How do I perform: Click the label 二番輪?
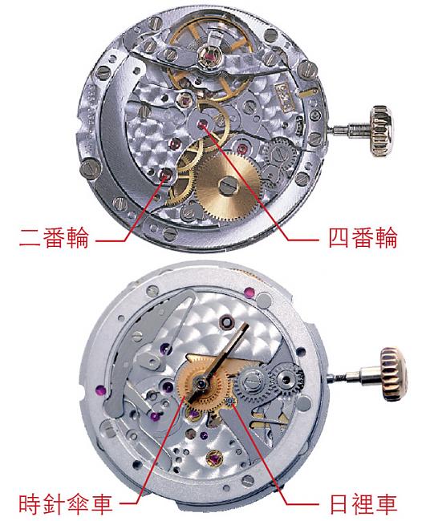(x=55, y=238)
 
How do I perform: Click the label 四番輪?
(x=363, y=238)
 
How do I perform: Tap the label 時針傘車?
(x=65, y=504)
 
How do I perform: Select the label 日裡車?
(x=363, y=504)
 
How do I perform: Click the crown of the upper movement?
(x=381, y=131)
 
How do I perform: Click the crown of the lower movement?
(x=394, y=374)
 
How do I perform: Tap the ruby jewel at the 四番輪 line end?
(x=201, y=124)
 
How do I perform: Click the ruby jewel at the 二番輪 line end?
(x=165, y=174)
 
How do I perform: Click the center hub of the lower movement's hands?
(x=201, y=385)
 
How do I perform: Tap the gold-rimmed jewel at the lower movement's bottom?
(x=213, y=459)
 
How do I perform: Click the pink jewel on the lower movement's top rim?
(x=249, y=293)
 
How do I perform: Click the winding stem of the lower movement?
(x=355, y=376)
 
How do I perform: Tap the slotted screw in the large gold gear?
(x=228, y=186)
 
